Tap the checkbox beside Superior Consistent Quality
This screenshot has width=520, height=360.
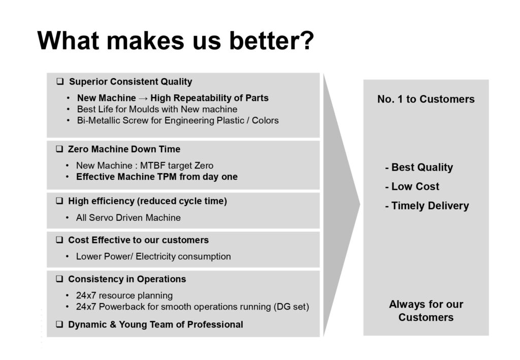point(60,82)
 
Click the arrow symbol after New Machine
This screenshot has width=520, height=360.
point(143,99)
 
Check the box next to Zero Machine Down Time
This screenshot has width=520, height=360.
point(59,149)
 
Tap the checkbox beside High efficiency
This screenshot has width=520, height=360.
point(59,201)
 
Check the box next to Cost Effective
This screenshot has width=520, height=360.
point(59,240)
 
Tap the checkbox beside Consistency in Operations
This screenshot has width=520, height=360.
point(59,279)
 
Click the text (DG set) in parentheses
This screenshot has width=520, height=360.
point(291,307)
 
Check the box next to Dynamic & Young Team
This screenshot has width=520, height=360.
point(59,324)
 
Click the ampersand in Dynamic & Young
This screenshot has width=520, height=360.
point(113,324)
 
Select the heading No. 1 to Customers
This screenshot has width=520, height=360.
point(426,99)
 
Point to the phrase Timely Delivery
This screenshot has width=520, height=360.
point(430,206)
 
